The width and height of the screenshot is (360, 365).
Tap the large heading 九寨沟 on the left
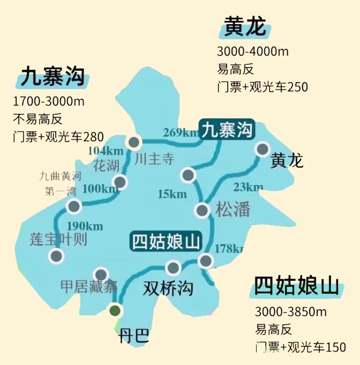tap(52, 77)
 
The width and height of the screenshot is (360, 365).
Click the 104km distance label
tap(106, 151)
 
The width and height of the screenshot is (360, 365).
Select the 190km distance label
tap(85, 226)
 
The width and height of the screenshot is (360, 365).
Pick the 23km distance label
tap(248, 187)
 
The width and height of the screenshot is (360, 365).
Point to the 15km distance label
tap(172, 194)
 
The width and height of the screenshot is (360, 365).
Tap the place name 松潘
tap(233, 209)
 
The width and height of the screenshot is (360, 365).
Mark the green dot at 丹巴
tap(115, 310)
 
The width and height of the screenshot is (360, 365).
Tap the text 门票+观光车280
tap(58, 136)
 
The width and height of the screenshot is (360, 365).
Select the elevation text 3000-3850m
tap(290, 312)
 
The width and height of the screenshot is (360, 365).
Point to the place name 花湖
tap(106, 165)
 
